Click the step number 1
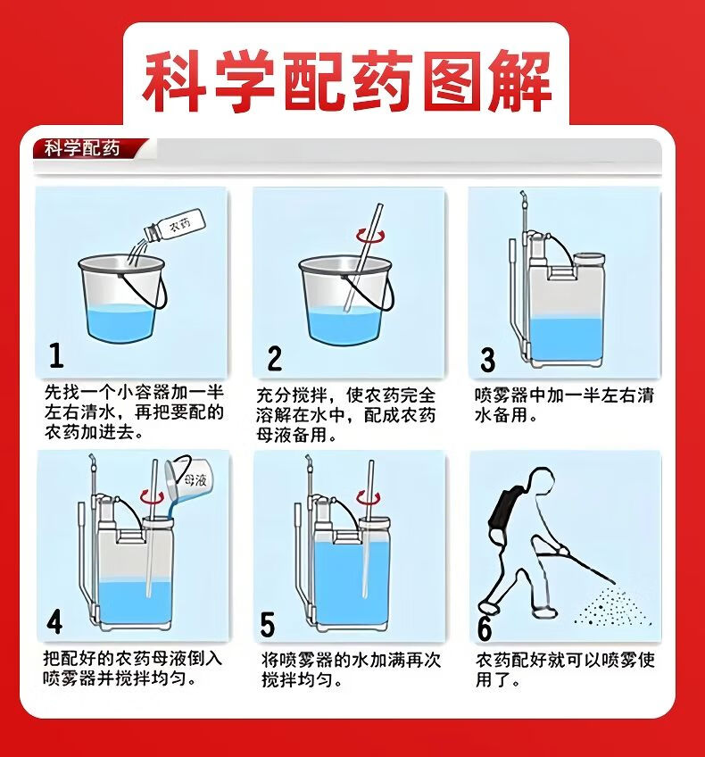(x=56, y=355)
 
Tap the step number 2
(x=275, y=358)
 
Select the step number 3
(x=488, y=360)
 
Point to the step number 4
(x=54, y=621)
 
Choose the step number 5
(x=268, y=624)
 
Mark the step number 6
(x=485, y=628)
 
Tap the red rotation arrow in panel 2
(x=370, y=236)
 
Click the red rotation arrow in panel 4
(x=151, y=496)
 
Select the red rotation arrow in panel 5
(x=368, y=498)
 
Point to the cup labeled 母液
(x=188, y=478)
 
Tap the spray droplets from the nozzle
(x=614, y=607)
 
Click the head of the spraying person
(x=541, y=481)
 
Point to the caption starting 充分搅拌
(x=346, y=415)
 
